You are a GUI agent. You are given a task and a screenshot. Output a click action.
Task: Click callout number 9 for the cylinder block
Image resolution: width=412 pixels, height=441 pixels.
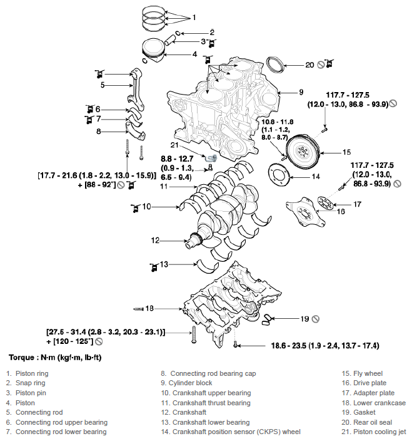coord(301,91)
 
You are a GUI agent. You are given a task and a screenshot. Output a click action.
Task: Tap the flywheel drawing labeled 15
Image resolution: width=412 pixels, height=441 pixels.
coord(303,152)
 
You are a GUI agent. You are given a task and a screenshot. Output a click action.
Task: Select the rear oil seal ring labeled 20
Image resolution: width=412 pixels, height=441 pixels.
coord(274,65)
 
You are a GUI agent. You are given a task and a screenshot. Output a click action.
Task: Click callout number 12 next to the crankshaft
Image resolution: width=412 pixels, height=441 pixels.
coord(156,239)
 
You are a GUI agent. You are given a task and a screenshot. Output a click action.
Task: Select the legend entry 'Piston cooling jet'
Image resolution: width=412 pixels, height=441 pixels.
coord(373,432)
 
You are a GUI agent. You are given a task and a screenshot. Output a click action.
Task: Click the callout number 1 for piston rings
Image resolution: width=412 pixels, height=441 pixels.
coord(194,16)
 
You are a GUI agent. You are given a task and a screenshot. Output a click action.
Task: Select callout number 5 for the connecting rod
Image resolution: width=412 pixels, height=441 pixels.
coord(103,85)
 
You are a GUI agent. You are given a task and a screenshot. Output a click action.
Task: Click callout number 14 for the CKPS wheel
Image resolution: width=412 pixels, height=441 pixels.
coord(316,177)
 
